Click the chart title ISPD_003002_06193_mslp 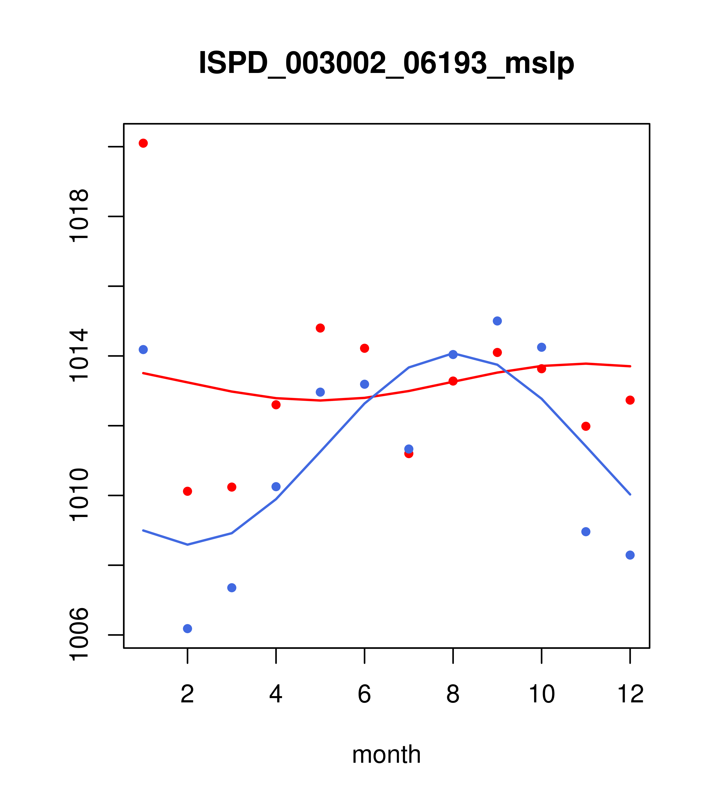tap(386, 63)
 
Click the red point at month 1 tap(143, 143)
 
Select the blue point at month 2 tap(188, 629)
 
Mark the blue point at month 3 tap(232, 587)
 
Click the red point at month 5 tap(320, 328)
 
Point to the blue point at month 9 tap(497, 321)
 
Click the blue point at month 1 tap(143, 349)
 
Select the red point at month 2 tap(188, 491)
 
